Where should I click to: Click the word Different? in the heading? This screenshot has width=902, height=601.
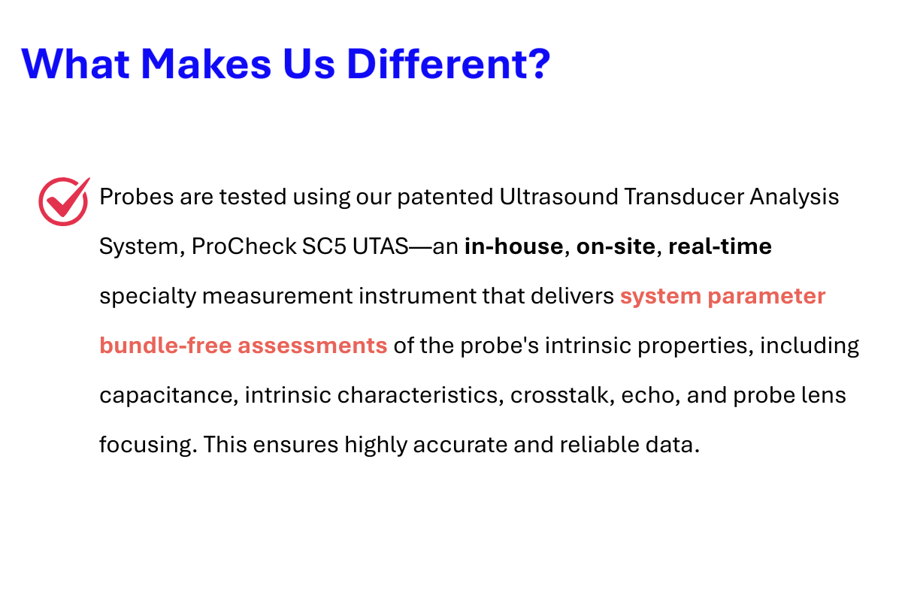[x=448, y=64]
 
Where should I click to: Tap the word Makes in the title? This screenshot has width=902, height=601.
[x=206, y=64]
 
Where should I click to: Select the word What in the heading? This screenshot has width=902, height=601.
[x=75, y=64]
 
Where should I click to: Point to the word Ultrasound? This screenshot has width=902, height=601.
[x=558, y=197]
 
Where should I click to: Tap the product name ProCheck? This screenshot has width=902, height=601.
[x=244, y=246]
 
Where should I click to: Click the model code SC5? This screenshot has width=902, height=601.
[x=324, y=246]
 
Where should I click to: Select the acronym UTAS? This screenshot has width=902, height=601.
[x=380, y=246]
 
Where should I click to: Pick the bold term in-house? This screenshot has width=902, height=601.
[x=514, y=246]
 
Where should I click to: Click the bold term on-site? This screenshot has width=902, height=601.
[x=616, y=246]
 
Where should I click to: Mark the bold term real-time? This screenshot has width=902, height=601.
[x=720, y=246]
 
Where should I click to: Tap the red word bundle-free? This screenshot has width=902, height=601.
[x=165, y=346]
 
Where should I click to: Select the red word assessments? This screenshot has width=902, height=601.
[x=313, y=346]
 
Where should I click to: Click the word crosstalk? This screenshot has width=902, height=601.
[x=562, y=395]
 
